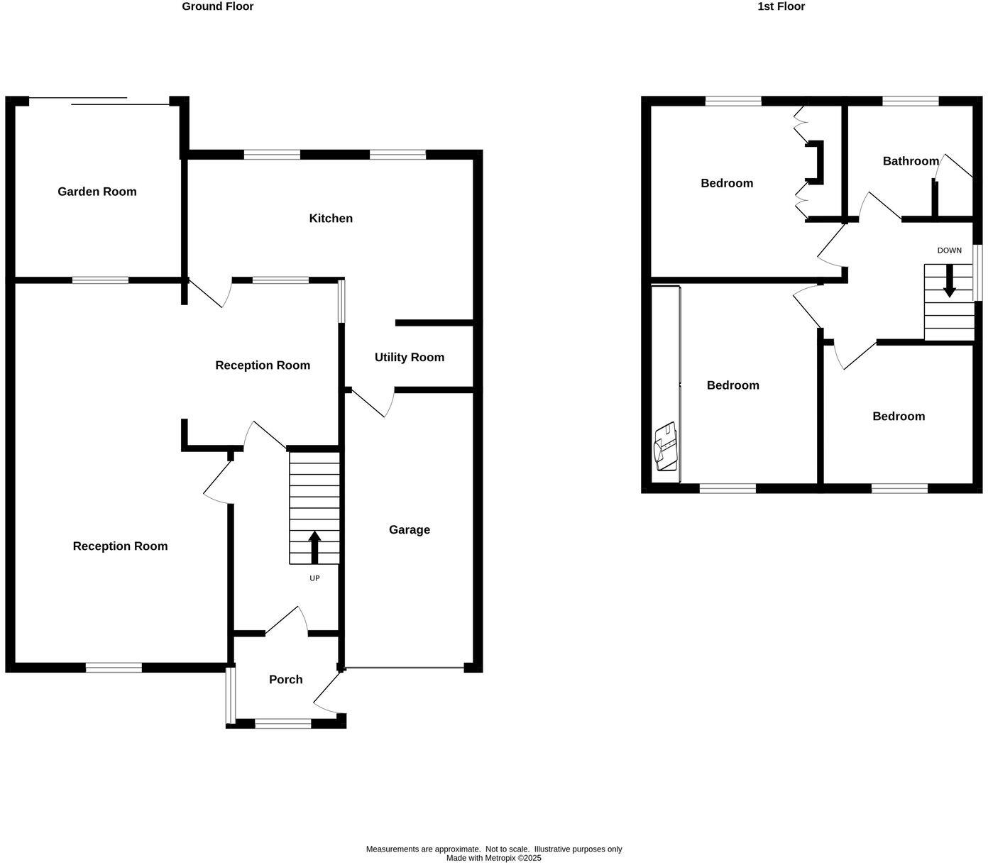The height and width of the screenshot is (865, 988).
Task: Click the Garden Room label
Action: [x=97, y=192]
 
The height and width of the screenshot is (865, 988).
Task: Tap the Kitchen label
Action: [x=331, y=219]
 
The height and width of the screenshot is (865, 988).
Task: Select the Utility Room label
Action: [x=410, y=358]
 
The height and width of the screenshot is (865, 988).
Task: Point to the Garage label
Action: [x=410, y=530]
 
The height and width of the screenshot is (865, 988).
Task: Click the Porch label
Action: [x=286, y=680]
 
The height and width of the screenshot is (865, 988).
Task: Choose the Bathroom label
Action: [x=911, y=161]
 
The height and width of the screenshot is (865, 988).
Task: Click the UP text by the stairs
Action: [x=314, y=578]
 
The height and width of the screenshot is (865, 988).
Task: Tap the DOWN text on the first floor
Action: [x=949, y=250]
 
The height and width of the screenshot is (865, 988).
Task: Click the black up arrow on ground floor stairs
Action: [x=314, y=547]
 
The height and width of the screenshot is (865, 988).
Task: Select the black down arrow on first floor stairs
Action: [x=949, y=282]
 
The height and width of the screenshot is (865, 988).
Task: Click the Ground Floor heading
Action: [x=217, y=6]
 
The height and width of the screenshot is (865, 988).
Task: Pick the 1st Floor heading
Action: [x=781, y=6]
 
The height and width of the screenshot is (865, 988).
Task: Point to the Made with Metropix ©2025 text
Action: [x=493, y=858]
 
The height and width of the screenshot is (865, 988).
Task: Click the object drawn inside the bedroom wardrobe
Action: [x=666, y=447]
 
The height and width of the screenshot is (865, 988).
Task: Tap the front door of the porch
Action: [x=327, y=692]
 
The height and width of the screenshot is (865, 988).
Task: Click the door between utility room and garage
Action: [x=370, y=404]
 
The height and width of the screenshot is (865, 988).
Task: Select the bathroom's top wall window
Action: [x=910, y=101]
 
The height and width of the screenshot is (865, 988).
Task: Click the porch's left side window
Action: [x=230, y=695]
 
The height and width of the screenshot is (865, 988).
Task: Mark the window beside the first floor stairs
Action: [x=977, y=273]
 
